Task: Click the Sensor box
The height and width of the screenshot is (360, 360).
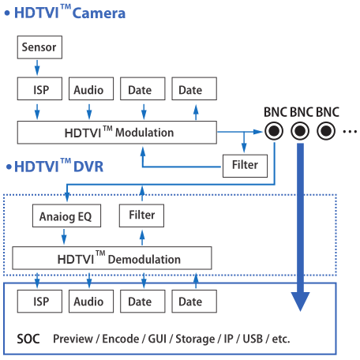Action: click(39, 47)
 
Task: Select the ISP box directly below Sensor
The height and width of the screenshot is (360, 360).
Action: click(39, 88)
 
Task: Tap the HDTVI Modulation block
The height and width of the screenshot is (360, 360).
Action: click(117, 133)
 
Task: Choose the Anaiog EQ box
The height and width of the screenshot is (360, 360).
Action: click(66, 216)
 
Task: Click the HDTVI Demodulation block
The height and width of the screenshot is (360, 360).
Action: click(112, 258)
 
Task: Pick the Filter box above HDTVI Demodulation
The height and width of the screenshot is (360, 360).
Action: click(141, 216)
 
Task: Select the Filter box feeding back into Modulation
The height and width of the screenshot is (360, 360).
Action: click(246, 166)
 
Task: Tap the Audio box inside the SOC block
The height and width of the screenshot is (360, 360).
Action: click(92, 302)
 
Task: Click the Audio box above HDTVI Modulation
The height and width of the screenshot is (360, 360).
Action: click(92, 88)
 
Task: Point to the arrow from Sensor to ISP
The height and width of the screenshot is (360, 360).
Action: click(37, 68)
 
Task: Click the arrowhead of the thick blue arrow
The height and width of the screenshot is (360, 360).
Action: click(300, 302)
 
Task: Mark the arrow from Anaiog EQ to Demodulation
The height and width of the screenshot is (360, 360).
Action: click(64, 237)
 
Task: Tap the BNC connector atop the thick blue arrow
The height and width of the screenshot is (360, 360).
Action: click(300, 131)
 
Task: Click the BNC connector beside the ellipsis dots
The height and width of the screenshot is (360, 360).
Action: click(326, 131)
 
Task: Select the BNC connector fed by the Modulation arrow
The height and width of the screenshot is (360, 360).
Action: click(274, 131)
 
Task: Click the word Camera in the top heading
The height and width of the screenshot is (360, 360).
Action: click(99, 13)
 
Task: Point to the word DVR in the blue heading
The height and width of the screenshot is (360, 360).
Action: click(88, 167)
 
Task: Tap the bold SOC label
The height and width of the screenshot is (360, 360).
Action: click(28, 339)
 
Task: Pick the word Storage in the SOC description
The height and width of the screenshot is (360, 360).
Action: click(195, 339)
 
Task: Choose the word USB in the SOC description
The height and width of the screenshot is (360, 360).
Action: click(253, 339)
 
